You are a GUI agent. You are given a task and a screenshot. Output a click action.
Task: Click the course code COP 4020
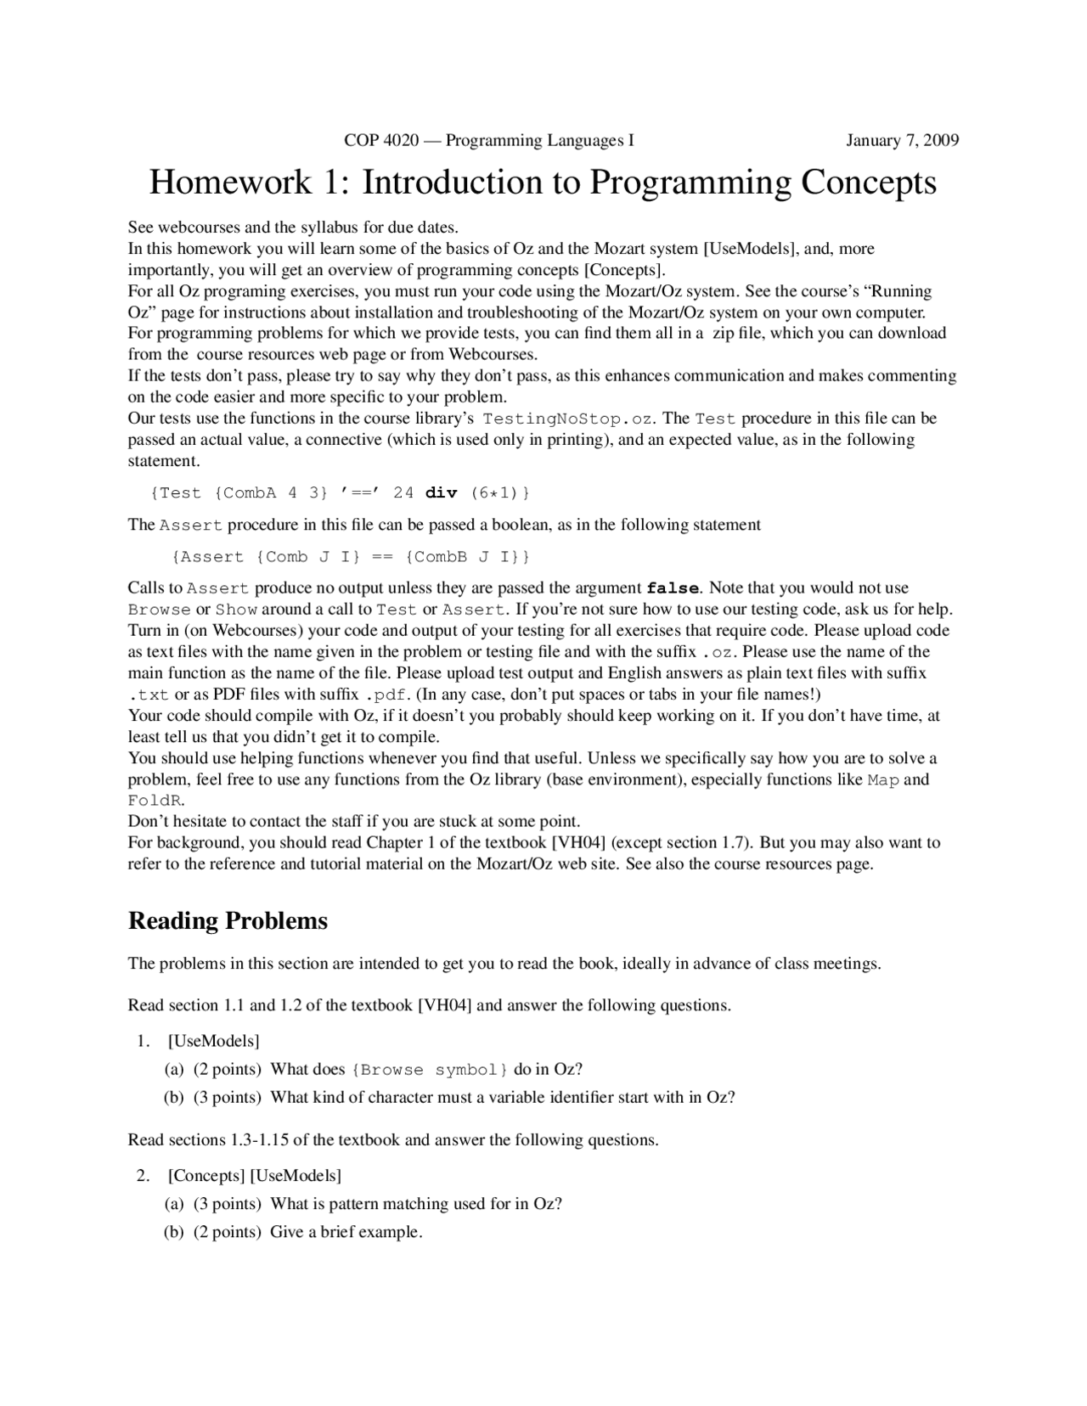coord(381,140)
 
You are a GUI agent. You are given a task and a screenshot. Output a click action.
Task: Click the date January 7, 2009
coord(902,140)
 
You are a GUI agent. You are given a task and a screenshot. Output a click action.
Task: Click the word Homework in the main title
coord(231,183)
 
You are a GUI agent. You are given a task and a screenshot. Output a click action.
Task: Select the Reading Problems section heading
coord(228,921)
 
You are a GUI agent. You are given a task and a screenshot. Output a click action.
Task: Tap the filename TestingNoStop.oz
coord(568,419)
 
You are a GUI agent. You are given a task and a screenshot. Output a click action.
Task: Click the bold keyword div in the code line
coord(441,493)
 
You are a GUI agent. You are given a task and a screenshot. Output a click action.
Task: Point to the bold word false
coord(673,588)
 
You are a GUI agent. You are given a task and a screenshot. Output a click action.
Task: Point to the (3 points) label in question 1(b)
coord(227,1097)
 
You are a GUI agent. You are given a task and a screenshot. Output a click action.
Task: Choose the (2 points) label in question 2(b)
coord(227,1232)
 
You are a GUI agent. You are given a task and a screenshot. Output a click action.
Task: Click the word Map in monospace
coord(882,780)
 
